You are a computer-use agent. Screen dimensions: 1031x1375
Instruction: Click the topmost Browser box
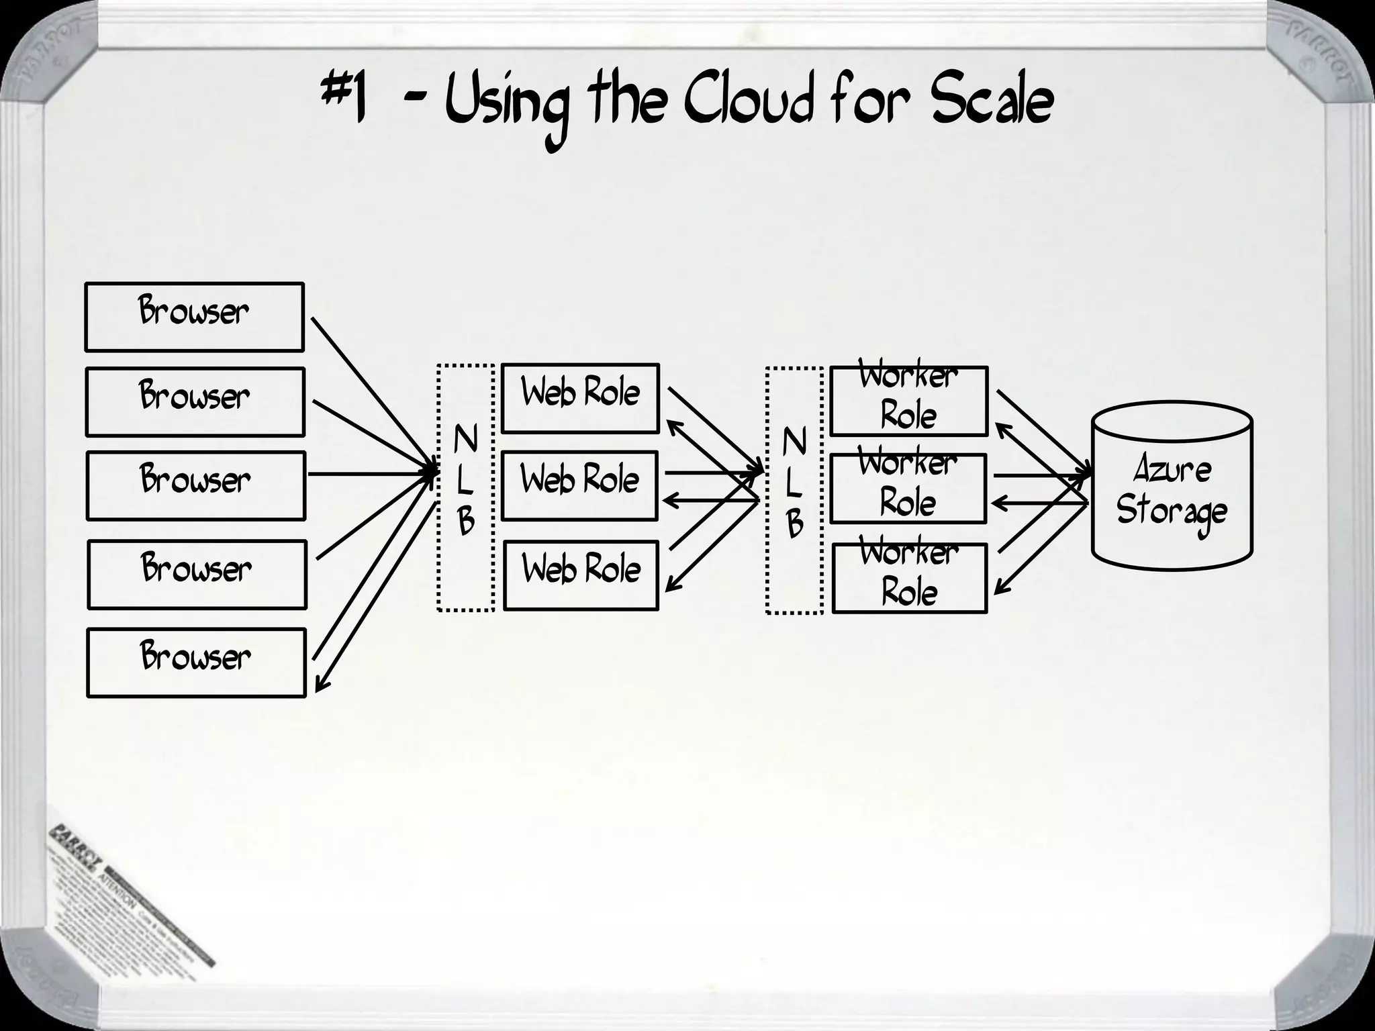(x=194, y=317)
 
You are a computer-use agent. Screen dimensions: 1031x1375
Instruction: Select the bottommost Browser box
(x=196, y=662)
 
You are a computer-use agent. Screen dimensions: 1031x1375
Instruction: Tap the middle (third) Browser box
(x=195, y=485)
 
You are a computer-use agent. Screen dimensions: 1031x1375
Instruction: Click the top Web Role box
(x=580, y=398)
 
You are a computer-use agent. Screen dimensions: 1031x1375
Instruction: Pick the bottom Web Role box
(x=581, y=575)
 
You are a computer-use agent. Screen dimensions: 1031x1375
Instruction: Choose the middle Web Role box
(x=579, y=485)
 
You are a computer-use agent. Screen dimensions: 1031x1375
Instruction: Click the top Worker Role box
(x=908, y=401)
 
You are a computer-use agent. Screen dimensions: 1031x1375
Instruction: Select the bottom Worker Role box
(x=909, y=578)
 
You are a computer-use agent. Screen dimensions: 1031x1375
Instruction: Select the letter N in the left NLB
(x=465, y=440)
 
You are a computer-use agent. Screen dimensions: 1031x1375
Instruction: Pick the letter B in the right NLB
(x=794, y=524)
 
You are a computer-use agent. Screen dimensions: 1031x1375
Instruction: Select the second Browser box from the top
(x=195, y=401)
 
